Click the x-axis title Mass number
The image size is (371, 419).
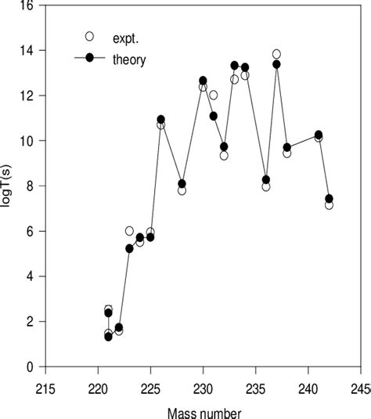[x=203, y=410]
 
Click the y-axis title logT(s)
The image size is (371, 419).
[x=9, y=186]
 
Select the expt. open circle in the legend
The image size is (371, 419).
[x=89, y=36]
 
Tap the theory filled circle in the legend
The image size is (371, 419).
[x=89, y=59]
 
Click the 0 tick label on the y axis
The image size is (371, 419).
[x=30, y=367]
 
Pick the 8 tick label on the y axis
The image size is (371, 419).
[x=30, y=186]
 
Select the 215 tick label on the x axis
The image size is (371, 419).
[x=45, y=388]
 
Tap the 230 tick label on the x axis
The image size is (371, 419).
[x=204, y=388]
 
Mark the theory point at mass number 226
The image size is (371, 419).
[x=161, y=119]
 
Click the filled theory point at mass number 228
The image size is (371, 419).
[x=182, y=184]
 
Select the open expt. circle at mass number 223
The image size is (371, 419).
[x=129, y=230]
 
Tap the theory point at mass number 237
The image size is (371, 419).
[x=276, y=64]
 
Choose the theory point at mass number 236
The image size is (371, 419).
[x=266, y=179]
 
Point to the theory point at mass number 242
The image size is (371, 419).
[x=329, y=198]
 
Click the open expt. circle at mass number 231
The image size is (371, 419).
[x=214, y=95]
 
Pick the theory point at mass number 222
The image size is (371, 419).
[x=119, y=327]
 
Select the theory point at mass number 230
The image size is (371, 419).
[x=203, y=81]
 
